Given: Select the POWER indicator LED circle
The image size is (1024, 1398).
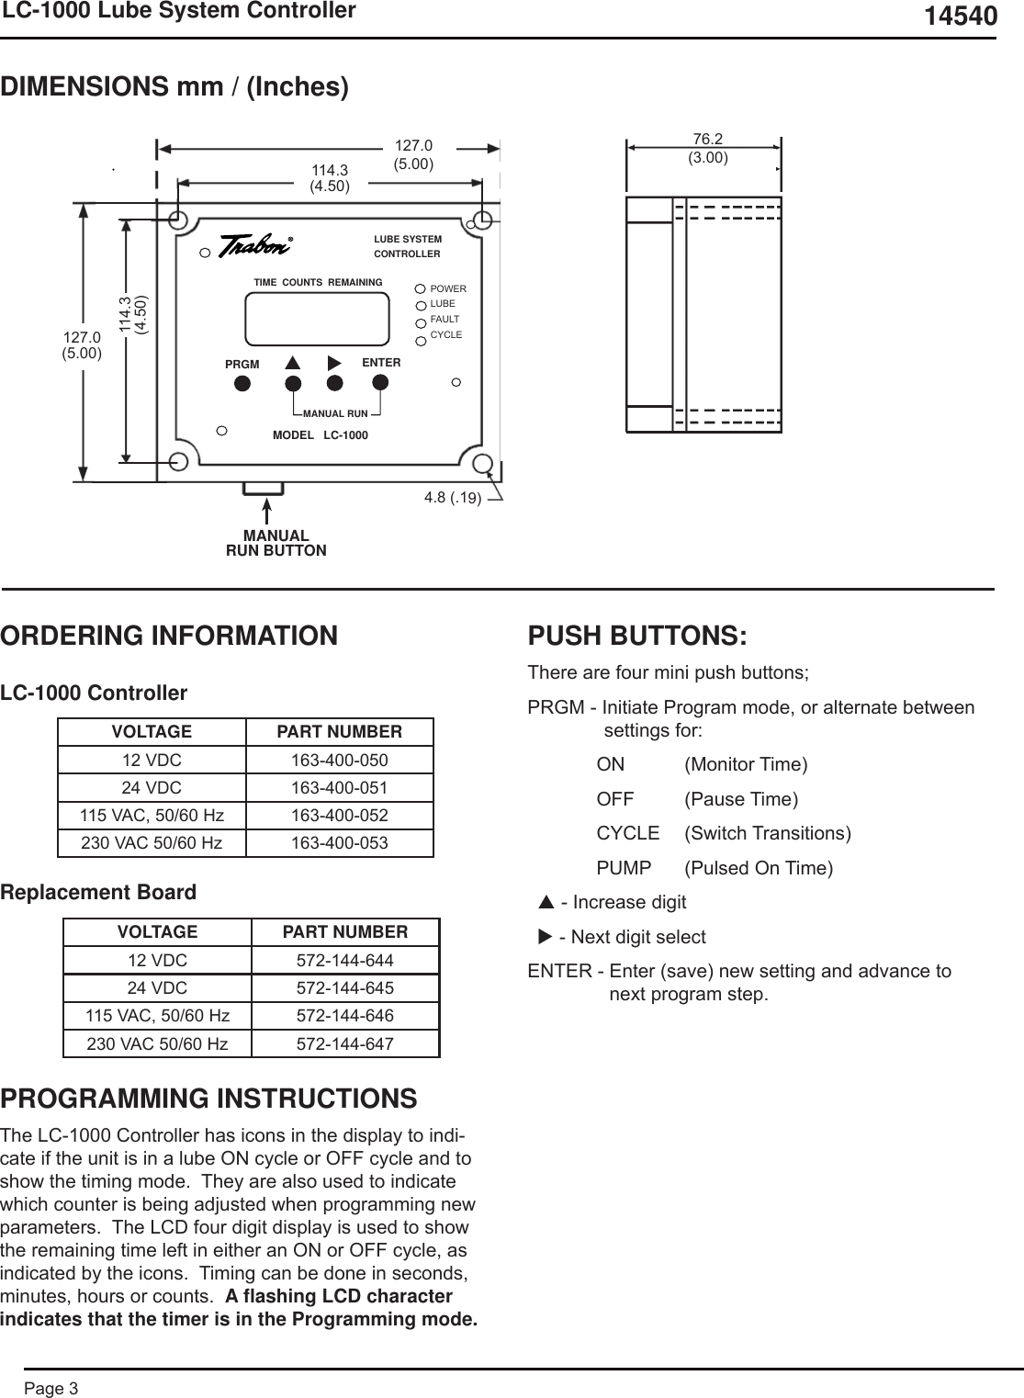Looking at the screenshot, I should click(422, 289).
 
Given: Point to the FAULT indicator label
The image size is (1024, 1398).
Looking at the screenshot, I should click(444, 319).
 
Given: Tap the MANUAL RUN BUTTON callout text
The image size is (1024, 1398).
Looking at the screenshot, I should click(276, 543).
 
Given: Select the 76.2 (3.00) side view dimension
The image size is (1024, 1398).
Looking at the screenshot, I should click(708, 148).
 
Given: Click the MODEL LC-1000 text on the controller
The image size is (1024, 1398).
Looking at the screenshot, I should click(320, 434).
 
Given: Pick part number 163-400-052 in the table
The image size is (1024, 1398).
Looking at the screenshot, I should click(339, 816).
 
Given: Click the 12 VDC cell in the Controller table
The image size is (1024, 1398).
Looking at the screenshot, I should click(152, 761).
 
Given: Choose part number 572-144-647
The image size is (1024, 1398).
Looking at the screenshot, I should click(344, 1044).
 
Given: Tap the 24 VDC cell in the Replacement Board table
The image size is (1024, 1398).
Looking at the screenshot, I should click(157, 988).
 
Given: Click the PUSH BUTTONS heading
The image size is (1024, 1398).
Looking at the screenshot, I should click(637, 636).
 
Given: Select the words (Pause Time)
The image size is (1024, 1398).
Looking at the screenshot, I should click(741, 799).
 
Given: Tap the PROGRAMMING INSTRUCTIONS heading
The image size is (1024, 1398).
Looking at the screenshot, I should click(208, 1099).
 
